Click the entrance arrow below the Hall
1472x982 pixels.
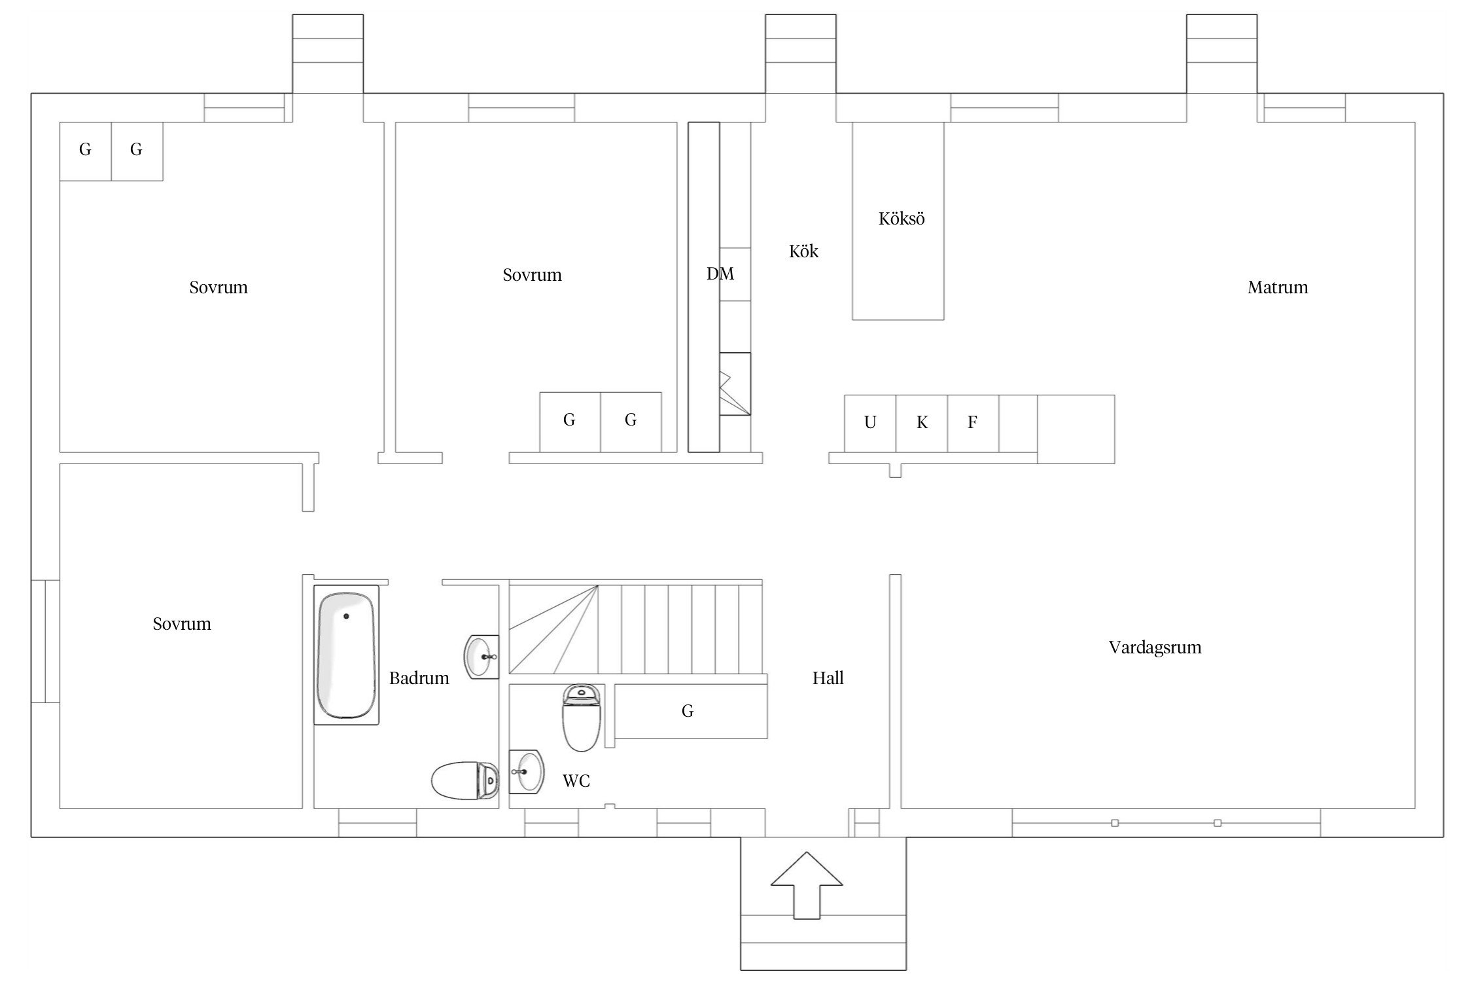coord(807,894)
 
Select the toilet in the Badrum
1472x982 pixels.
coord(465,780)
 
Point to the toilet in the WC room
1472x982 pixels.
coord(581,718)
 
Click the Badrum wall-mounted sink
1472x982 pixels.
coord(482,657)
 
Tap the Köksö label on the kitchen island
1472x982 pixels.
coord(902,219)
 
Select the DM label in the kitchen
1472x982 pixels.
coord(720,274)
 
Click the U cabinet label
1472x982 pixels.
coord(870,423)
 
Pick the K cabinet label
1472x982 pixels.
coord(922,423)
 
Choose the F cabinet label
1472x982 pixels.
coord(973,423)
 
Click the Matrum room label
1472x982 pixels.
coord(1278,287)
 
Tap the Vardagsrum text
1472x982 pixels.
coord(1155,647)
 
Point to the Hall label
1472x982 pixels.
coord(828,678)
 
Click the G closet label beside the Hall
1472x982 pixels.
coord(688,711)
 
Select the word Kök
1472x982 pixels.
coord(803,251)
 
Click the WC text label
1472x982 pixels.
coord(576,781)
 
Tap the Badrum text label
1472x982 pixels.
coord(419,678)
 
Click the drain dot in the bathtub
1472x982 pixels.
coord(346,616)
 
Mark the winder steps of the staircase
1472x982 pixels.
coord(553,629)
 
